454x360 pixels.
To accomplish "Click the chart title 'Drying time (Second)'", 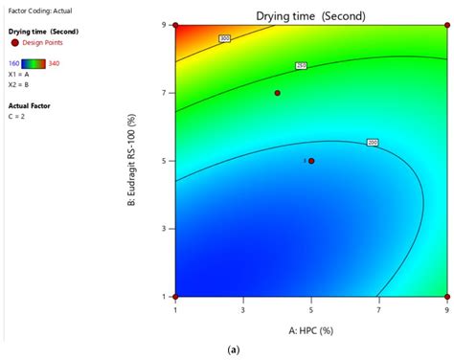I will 310,16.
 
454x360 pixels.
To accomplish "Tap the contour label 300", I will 225,38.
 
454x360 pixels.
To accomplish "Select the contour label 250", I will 300,65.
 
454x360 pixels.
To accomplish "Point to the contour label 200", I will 373,143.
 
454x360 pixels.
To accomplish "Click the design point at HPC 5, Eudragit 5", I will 311,161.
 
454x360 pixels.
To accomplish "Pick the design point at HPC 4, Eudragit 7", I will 278,93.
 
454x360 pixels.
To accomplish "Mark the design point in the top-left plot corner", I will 176,26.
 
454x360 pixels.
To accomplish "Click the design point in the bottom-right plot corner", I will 447,297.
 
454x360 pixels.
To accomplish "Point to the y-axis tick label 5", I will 164,161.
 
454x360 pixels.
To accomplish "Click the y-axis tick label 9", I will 164,25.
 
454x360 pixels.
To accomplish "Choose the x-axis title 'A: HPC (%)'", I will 311,328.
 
